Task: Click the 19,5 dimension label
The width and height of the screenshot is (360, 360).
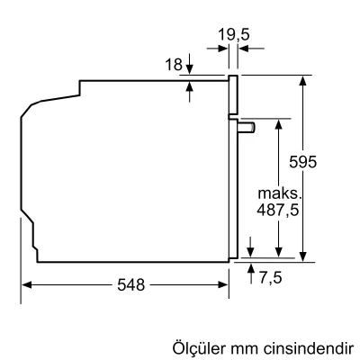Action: [x=232, y=37]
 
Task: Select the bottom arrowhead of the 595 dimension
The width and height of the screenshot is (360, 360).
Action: [x=306, y=256]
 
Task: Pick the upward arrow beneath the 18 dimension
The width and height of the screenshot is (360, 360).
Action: [x=191, y=88]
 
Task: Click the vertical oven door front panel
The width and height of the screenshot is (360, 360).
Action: [x=233, y=171]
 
